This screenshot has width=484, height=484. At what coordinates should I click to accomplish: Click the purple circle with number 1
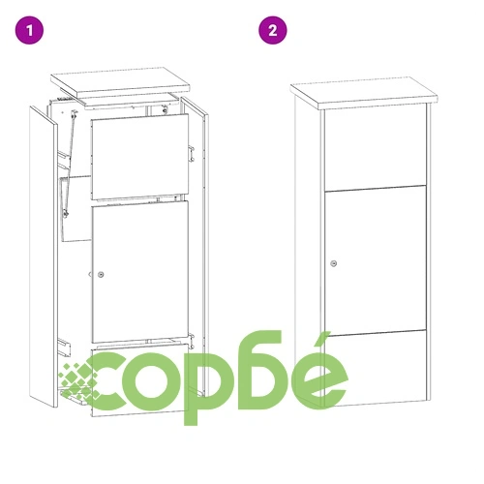32,30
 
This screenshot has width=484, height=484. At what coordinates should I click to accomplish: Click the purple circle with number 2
274,30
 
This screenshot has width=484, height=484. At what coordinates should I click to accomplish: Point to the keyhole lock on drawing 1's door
101,275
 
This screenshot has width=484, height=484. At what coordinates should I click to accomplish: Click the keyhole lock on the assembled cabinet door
333,262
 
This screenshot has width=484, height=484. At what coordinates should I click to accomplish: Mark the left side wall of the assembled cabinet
309,252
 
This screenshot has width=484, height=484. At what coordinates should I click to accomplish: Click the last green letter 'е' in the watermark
317,378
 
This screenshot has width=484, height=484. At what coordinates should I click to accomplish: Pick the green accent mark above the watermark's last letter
324,340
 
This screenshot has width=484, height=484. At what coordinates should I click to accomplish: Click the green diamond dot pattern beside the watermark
74,382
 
